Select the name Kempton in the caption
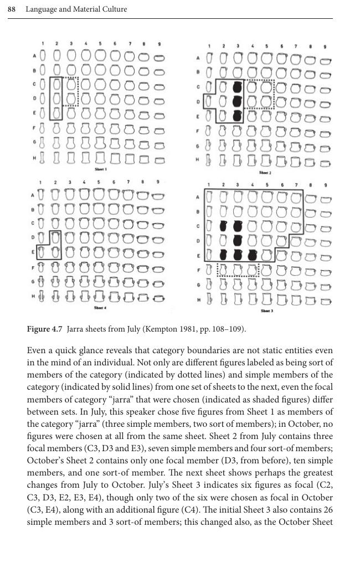click(161, 329)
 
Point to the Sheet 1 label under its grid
click(100, 169)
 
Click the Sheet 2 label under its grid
click(266, 173)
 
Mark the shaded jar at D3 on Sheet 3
click(238, 240)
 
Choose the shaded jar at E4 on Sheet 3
click(253, 255)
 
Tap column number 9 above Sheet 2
click(325, 47)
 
